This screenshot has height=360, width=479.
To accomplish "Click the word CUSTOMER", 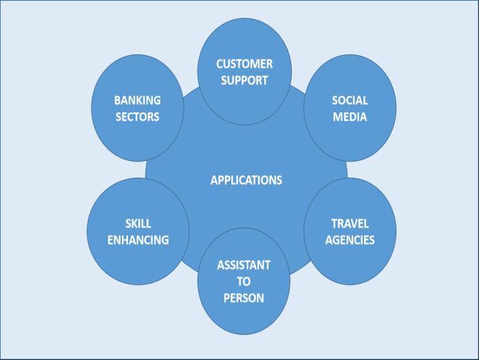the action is (x=244, y=64).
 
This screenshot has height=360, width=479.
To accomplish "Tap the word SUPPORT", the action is (x=244, y=81).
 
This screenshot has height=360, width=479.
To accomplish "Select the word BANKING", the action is (x=137, y=100).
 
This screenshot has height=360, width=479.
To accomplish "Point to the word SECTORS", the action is (x=137, y=117).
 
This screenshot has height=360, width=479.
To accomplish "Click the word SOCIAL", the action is (x=350, y=100).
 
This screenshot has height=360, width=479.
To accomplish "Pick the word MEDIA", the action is (x=350, y=117).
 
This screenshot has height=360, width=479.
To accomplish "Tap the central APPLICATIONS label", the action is (x=246, y=180).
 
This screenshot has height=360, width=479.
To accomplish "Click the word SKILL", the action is (x=138, y=224).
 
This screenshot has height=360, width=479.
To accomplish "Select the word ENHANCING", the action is (x=138, y=240).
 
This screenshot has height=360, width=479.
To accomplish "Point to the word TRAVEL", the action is (x=350, y=224).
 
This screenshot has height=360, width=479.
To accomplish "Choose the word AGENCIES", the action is (x=350, y=240).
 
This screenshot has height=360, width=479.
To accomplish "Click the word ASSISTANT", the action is (x=244, y=265).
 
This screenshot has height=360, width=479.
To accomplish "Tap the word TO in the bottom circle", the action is (x=244, y=282).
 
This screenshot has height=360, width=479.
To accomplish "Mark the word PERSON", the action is (x=244, y=298).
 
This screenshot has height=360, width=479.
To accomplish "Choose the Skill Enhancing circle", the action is (x=138, y=265).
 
